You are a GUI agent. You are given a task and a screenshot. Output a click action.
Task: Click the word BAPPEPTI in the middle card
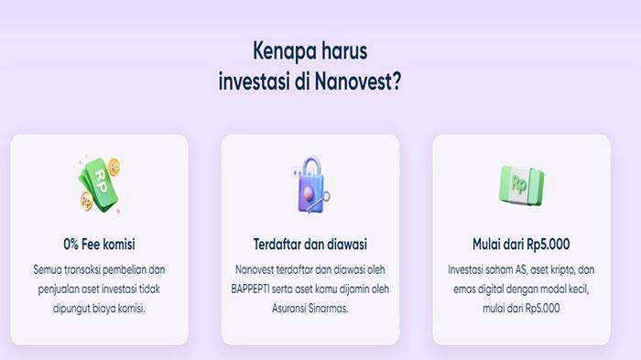pos(264,289)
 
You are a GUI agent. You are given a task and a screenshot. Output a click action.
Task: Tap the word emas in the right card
pos(463,290)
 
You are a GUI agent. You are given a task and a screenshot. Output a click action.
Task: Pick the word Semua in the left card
pos(49,271)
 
